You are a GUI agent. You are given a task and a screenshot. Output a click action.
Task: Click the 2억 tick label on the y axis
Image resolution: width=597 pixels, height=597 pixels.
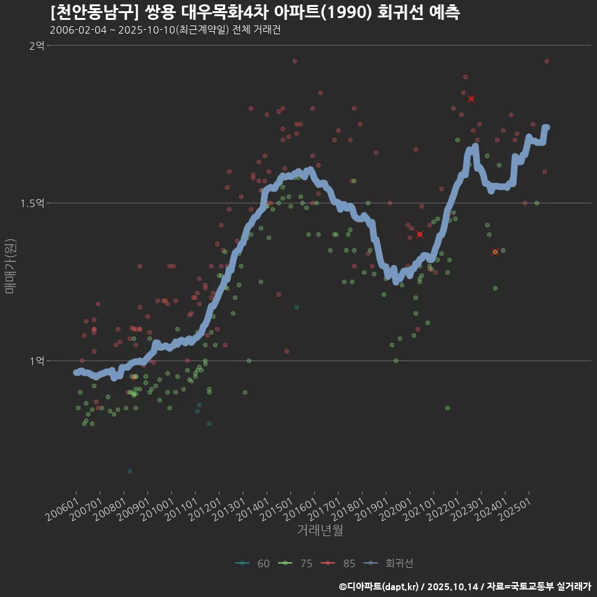37,46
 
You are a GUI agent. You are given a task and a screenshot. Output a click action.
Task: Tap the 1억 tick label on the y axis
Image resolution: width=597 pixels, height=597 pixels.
37,361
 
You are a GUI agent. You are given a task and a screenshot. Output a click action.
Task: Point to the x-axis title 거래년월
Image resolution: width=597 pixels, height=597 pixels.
320,530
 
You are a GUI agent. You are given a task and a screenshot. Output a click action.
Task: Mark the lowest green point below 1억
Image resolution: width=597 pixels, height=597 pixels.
129,471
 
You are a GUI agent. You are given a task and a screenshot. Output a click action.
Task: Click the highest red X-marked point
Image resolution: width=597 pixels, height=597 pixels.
471,99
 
